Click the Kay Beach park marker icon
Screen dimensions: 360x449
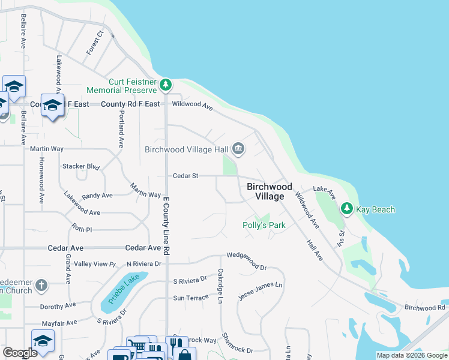pyautogui.click(x=346, y=209)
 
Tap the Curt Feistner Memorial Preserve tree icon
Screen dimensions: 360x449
pyautogui.click(x=167, y=86)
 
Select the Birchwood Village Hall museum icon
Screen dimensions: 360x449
pyautogui.click(x=238, y=149)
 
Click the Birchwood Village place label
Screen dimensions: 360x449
pyautogui.click(x=270, y=191)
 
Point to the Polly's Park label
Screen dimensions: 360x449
pyautogui.click(x=264, y=226)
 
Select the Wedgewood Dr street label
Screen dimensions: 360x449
pyautogui.click(x=246, y=262)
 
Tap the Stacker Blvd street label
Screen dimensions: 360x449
pyautogui.click(x=80, y=166)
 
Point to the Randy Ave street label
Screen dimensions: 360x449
pyautogui.click(x=97, y=196)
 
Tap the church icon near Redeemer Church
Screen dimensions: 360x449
pyautogui.click(x=40, y=284)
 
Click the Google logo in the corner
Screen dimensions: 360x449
pyautogui.click(x=20, y=353)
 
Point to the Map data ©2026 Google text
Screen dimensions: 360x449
pyautogui.click(x=411, y=355)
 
